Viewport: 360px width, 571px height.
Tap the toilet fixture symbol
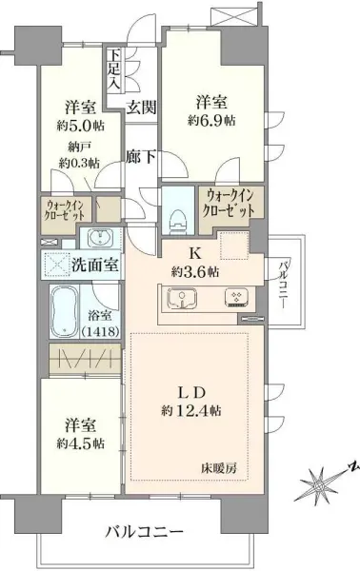pos(176,214)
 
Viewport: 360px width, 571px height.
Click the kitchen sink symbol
pos(183,301)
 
